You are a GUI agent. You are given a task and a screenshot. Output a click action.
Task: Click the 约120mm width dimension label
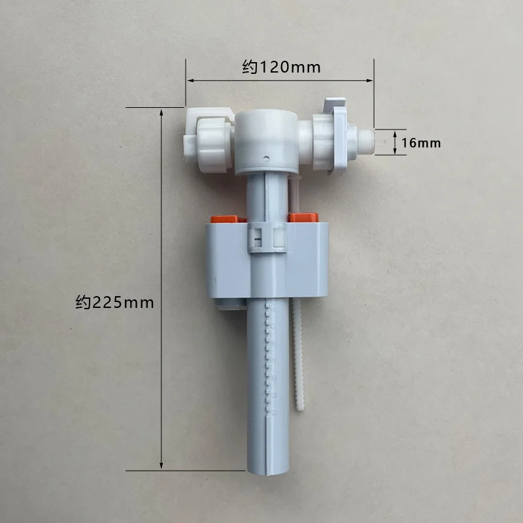click(x=281, y=67)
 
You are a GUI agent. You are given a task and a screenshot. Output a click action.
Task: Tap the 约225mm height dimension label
click(x=114, y=303)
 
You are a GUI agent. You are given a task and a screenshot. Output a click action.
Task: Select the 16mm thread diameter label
click(x=421, y=143)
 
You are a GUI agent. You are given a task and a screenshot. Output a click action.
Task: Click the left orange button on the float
click(x=228, y=219)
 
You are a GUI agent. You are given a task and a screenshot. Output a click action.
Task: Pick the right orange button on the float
click(x=304, y=217)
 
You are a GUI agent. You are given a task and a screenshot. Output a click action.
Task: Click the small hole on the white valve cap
click(x=266, y=158)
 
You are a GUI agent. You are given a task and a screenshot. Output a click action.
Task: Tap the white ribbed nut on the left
click(x=214, y=145)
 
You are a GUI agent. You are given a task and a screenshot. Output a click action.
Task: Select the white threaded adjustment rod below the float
click(x=298, y=354)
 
